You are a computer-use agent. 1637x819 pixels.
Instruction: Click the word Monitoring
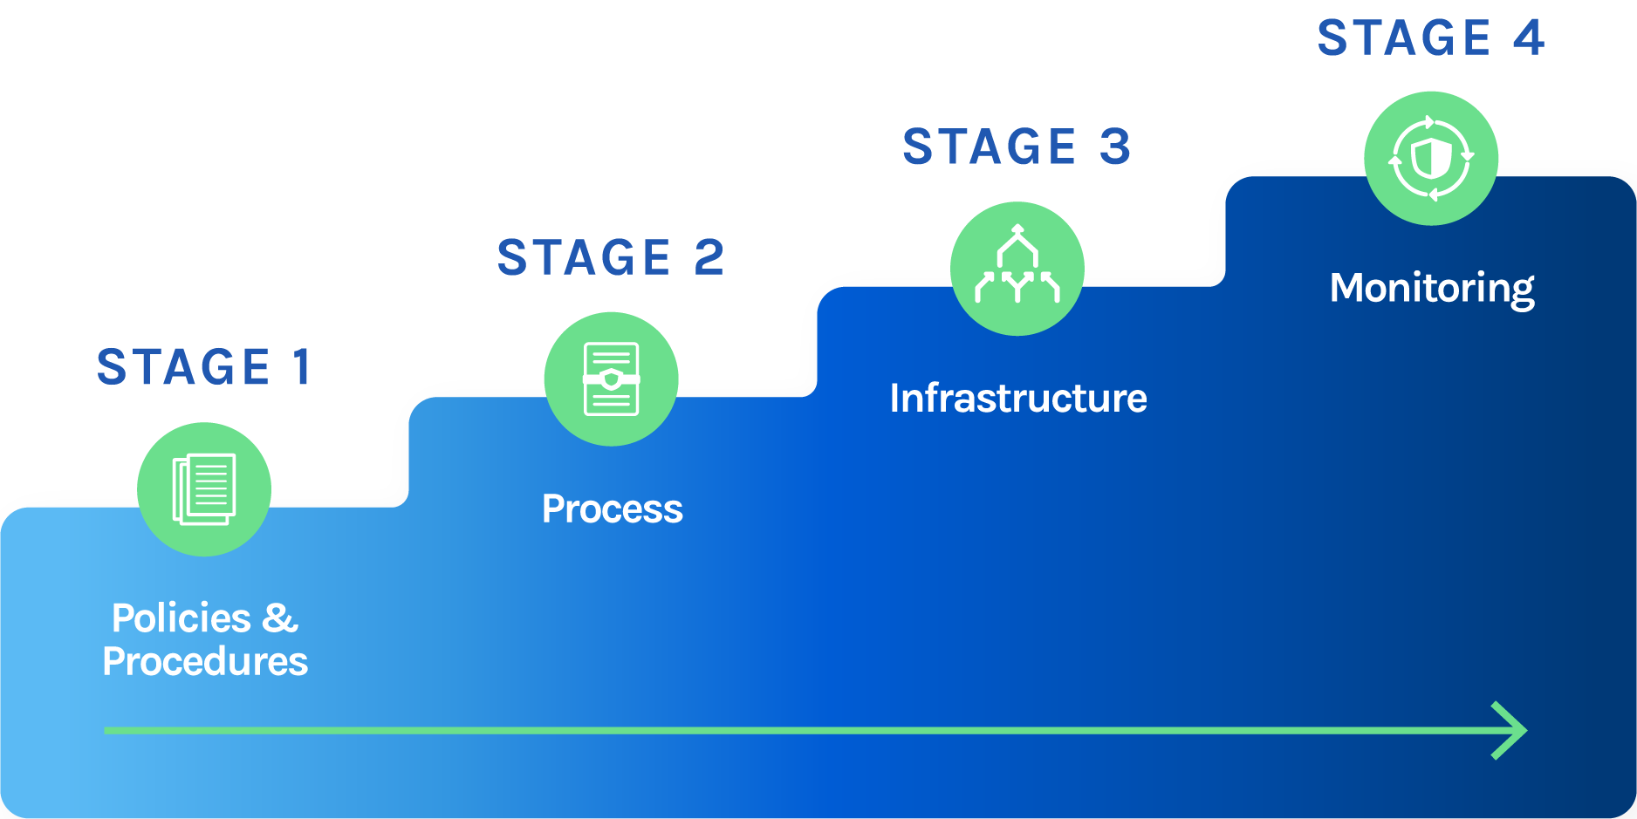coord(1432,288)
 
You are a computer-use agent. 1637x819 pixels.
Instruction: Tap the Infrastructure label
coord(1017,399)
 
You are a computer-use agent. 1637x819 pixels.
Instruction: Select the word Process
coord(612,509)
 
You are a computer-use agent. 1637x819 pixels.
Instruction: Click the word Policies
coord(182,618)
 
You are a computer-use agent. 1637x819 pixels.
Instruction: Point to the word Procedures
coord(205,662)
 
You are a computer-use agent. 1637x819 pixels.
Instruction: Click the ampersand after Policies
coord(279,618)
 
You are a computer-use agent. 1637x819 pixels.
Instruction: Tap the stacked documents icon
coord(204,489)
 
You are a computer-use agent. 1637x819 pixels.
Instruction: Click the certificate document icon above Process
coord(611,379)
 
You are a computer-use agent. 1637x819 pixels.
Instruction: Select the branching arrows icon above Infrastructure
coord(1017,265)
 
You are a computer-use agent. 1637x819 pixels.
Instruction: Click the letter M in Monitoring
coord(1349,288)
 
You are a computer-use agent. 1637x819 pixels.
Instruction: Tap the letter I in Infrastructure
coord(895,399)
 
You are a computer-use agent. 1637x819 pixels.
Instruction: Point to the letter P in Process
coord(553,509)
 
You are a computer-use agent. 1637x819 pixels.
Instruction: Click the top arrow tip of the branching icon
coord(1017,229)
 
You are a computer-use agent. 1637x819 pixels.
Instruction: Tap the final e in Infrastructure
coord(1136,400)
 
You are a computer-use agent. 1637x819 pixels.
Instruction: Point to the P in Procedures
coord(114,662)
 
